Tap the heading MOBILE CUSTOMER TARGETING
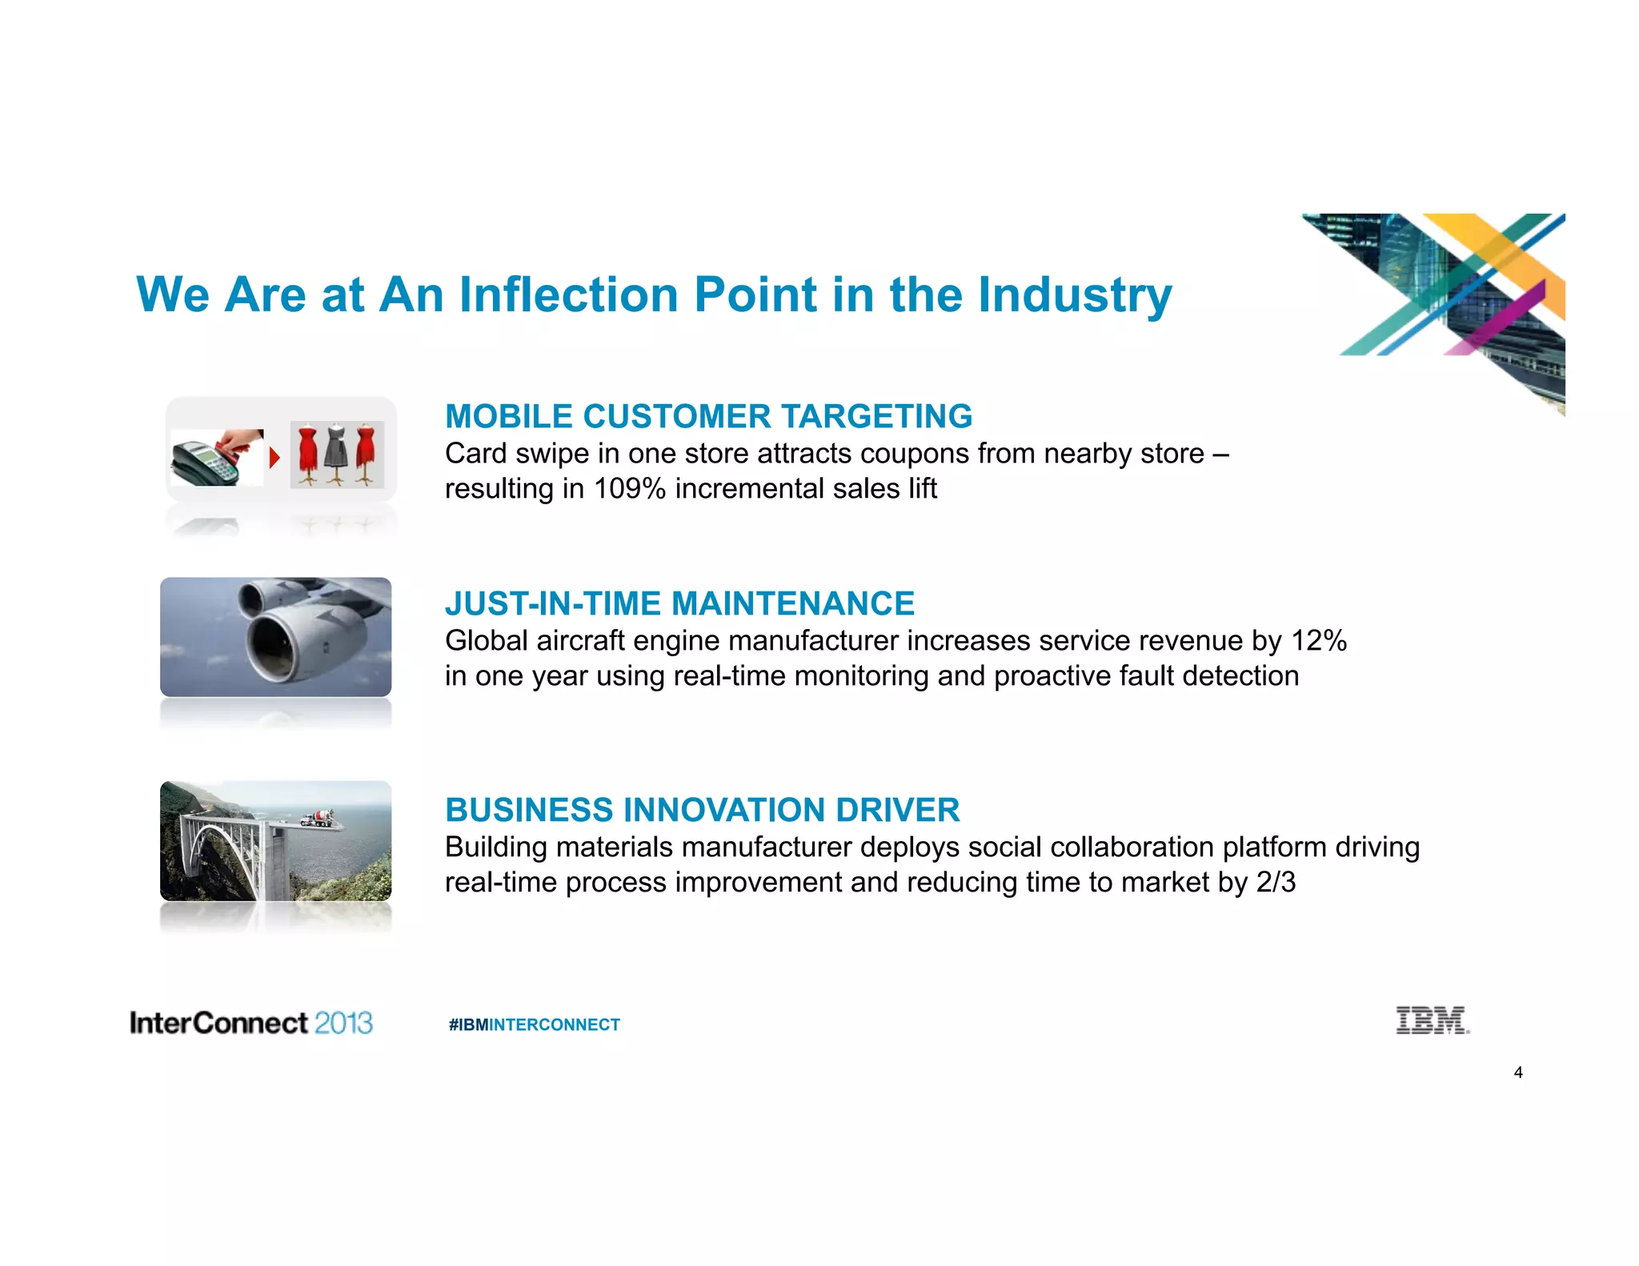tap(708, 417)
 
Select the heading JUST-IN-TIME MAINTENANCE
tap(679, 604)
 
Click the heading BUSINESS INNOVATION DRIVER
tap(702, 811)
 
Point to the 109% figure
tap(629, 489)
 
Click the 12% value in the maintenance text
tap(1319, 641)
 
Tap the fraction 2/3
tap(1276, 883)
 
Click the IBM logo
tap(1432, 1021)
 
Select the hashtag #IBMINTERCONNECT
tap(534, 1025)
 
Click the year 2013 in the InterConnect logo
tap(343, 1024)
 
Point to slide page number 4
tap(1518, 1073)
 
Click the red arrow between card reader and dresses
tap(275, 458)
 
